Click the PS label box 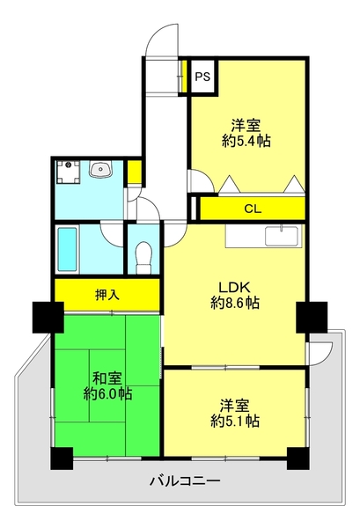[202, 76]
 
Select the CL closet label [253, 209]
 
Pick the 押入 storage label [107, 294]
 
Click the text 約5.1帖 [235, 421]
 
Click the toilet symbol [143, 256]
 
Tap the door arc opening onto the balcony [319, 352]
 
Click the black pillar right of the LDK [311, 316]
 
